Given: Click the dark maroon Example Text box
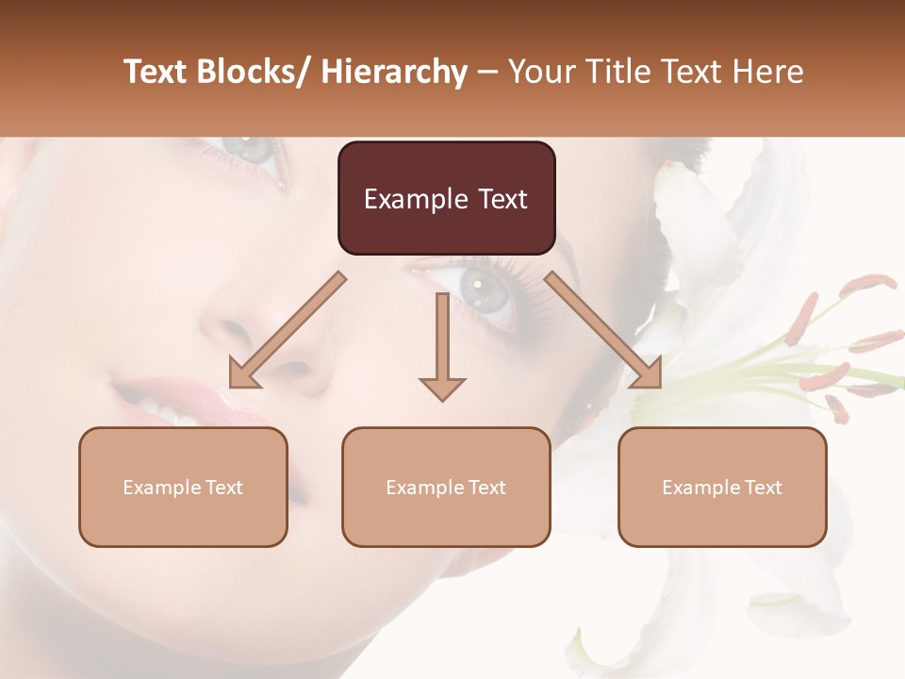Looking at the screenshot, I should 446,198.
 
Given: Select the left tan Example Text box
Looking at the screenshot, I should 183,487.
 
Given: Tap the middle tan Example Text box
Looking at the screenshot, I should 446,487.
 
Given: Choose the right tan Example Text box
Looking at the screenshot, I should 722,487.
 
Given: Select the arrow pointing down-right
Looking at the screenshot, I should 603,330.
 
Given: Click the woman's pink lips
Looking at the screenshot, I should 179,401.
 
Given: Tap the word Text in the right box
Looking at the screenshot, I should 763,488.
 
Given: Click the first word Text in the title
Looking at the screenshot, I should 156,72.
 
